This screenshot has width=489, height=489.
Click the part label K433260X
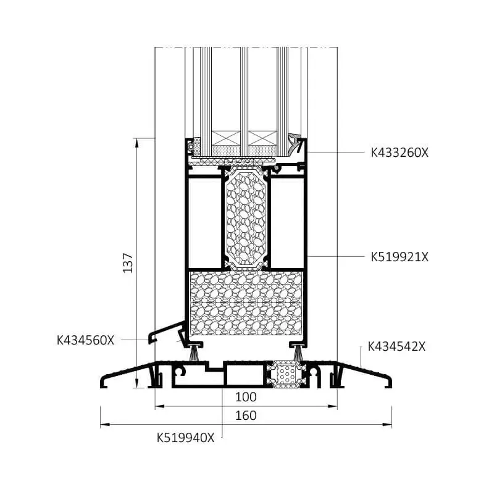(x=399, y=153)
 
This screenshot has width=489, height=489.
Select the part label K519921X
(x=399, y=257)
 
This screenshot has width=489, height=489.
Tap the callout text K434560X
(x=85, y=340)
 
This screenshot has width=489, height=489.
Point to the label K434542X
(x=396, y=346)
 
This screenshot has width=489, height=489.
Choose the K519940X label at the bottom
(x=186, y=438)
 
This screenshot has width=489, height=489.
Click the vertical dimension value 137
(x=128, y=263)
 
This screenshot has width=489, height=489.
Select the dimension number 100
(x=246, y=397)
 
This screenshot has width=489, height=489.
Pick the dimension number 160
(x=246, y=416)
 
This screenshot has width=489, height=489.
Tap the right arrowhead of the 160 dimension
(x=387, y=424)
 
